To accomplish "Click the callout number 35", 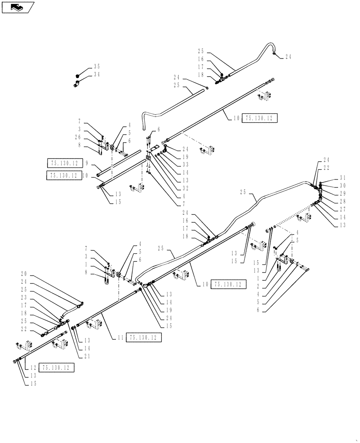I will (x=96, y=67).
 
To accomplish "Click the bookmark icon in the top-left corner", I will (x=18, y=7).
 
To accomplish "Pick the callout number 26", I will (x=78, y=137).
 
